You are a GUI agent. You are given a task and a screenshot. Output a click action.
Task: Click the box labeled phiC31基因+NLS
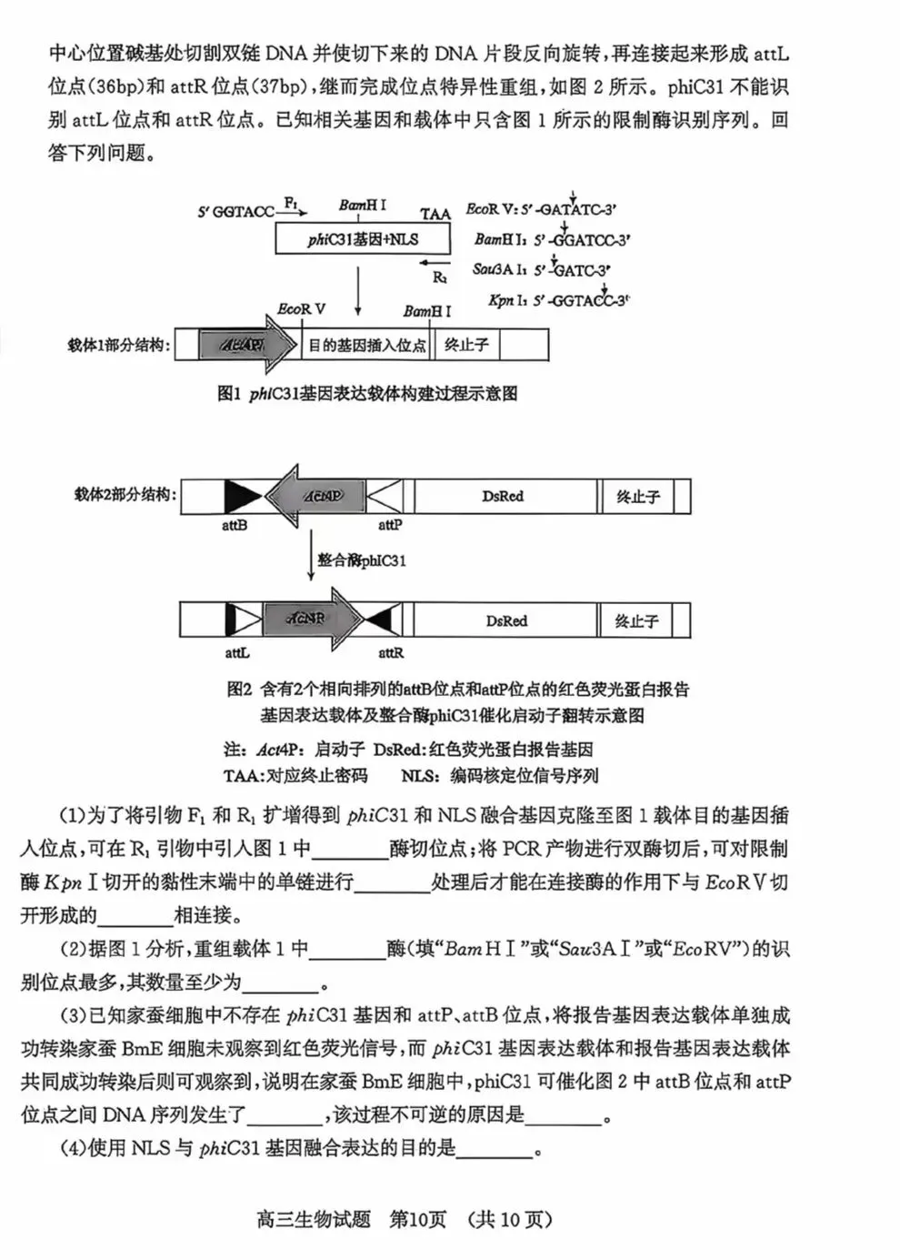pos(363,239)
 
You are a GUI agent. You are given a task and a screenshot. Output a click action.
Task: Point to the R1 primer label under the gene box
pos(439,277)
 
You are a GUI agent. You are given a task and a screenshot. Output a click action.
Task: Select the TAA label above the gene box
pos(435,214)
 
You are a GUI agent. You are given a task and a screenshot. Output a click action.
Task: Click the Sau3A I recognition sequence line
pos(541,269)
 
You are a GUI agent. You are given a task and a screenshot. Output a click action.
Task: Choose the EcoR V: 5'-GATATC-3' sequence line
pos(542,208)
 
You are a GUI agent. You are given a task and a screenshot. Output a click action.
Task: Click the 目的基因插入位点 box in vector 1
pos(366,346)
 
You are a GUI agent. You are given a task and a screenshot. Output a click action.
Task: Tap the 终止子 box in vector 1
pos(466,345)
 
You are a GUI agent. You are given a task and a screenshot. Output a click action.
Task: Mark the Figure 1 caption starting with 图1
pos(367,393)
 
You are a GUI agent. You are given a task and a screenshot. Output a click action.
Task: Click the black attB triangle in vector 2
pos(242,497)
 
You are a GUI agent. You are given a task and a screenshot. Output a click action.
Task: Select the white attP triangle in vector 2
pos(386,497)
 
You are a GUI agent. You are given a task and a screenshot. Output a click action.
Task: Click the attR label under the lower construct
pos(391,652)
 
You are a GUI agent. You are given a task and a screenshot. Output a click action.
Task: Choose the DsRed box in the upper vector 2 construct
pos(503,497)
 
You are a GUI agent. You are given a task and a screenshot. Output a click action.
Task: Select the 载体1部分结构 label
pos(119,346)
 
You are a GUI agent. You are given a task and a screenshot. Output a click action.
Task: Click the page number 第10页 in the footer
pos(418,1219)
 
